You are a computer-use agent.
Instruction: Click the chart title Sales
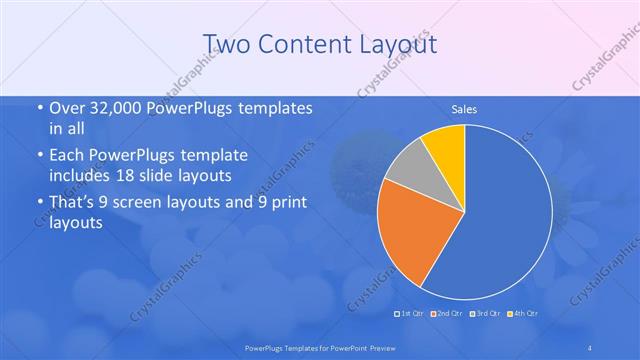tap(464, 108)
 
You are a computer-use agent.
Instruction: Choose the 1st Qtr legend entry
tap(410, 314)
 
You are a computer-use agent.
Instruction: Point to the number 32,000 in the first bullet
tap(111, 108)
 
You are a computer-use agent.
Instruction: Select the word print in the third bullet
tap(273, 204)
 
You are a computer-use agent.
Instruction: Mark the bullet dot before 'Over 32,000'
tap(39, 108)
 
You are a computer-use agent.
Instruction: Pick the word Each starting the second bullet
tap(70, 157)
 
